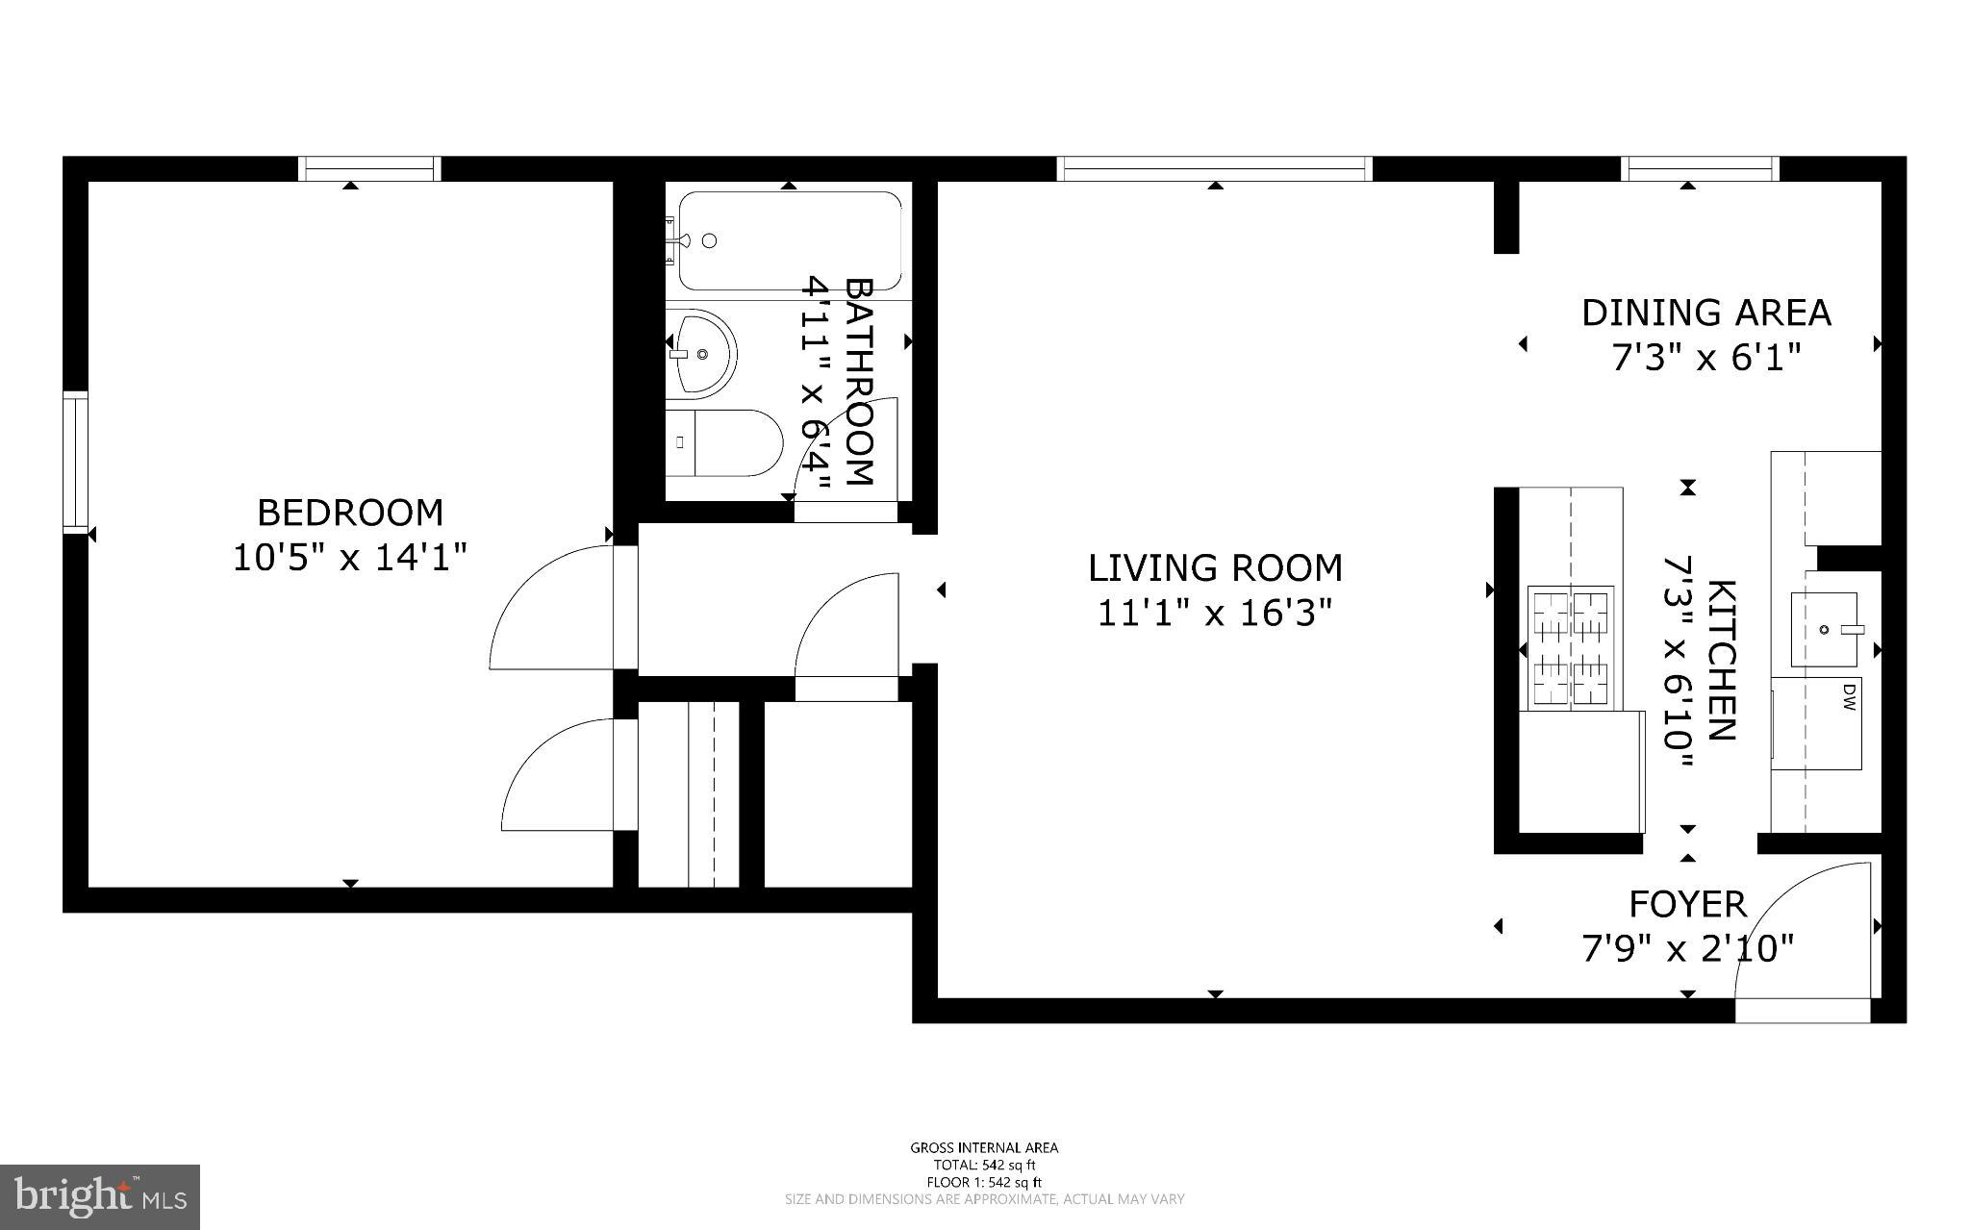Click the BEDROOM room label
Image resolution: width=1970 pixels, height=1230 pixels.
[350, 513]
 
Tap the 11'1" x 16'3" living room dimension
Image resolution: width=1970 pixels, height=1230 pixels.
[1215, 613]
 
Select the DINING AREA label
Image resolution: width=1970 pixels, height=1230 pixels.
[1706, 313]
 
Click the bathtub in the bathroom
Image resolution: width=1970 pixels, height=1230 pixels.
[790, 240]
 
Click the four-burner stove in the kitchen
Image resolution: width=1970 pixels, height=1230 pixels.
[1571, 649]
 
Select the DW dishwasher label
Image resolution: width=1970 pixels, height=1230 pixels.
[1848, 696]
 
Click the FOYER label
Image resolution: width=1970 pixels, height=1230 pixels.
[1687, 905]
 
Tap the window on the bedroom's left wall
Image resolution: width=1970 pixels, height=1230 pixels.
[75, 462]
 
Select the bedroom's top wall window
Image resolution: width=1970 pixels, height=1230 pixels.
[369, 168]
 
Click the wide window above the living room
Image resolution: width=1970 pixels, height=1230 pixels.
[1214, 168]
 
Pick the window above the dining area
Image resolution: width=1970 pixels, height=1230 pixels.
[1699, 168]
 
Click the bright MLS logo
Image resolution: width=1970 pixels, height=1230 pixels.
[100, 1197]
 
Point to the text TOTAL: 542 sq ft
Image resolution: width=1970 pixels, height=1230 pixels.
[984, 1165]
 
